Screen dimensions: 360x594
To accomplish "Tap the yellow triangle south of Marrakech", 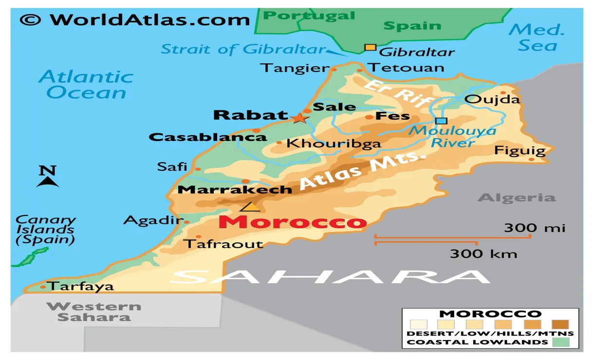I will (251, 207).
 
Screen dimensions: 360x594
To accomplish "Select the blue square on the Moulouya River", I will (441, 121).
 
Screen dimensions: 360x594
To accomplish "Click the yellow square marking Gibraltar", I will (371, 47).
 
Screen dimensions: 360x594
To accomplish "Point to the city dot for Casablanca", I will (257, 130).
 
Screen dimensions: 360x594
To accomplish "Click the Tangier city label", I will (294, 68).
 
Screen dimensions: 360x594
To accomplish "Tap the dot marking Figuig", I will (531, 159).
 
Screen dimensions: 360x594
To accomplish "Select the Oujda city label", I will (492, 100).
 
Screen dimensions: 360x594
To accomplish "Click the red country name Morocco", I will (292, 222).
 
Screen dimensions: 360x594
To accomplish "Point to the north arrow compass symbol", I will (47, 177).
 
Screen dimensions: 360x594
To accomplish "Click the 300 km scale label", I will (483, 253).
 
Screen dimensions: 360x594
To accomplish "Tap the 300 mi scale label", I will (534, 227).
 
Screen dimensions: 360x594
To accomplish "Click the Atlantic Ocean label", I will (86, 85).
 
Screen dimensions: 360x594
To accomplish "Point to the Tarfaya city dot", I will (43, 287).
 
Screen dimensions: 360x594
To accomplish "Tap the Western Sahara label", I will (94, 312).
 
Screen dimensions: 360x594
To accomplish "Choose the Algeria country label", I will (517, 198).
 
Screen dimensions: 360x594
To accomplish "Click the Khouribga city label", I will (333, 144).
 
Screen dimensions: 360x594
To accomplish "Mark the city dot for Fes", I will (369, 117).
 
